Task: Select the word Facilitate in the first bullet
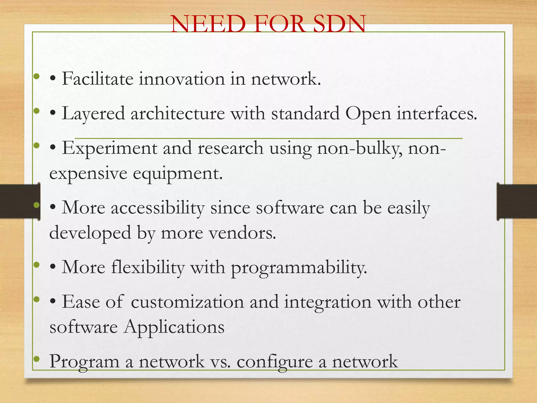[98, 79]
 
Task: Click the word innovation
[181, 79]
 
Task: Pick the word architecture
[178, 114]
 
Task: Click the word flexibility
[148, 268]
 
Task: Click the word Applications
[174, 327]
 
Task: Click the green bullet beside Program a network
[37, 358]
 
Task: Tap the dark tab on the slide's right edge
[517, 201]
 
